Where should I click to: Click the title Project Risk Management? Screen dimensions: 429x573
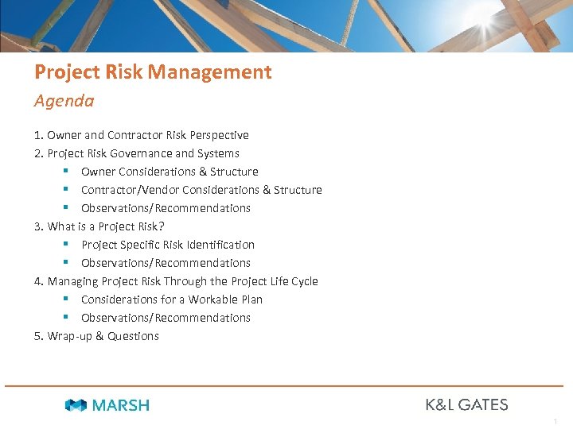[x=153, y=72]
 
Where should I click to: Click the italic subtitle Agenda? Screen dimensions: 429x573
[x=64, y=101]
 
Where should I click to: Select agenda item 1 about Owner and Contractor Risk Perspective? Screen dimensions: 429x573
[x=142, y=135]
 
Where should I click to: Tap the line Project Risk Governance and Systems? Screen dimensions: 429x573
[x=137, y=153]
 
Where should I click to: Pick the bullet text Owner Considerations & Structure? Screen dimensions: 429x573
[x=170, y=172]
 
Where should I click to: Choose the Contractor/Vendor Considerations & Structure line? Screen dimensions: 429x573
[x=201, y=190]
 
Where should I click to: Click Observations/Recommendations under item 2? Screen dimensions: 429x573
[x=166, y=208]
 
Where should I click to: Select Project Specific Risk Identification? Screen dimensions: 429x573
[x=168, y=245]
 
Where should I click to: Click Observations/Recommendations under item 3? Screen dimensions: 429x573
[x=166, y=263]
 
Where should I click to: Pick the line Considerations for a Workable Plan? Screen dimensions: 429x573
[x=172, y=300]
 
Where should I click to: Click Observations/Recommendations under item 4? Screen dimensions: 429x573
[x=166, y=318]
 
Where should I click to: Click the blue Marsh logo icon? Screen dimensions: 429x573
[x=76, y=405]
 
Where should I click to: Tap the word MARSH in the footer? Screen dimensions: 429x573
[x=120, y=405]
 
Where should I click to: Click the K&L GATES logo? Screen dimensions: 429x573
[x=466, y=404]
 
